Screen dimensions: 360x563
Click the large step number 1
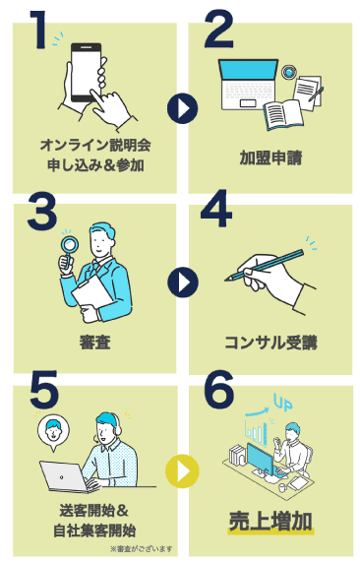38,31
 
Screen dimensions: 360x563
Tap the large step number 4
216,209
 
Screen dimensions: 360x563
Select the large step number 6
219,390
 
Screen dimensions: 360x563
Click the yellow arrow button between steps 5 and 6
182,471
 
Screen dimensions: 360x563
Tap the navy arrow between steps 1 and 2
182,108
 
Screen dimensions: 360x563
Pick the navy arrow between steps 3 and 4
183,282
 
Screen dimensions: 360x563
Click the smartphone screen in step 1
86,72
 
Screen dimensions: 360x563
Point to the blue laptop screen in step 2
249,70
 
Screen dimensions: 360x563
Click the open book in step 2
283,114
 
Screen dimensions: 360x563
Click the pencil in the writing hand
265,265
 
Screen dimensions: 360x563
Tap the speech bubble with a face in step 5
54,432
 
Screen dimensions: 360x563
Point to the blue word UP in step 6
282,403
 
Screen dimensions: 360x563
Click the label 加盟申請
271,157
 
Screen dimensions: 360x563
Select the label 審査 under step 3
94,343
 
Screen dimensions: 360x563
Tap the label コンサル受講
271,343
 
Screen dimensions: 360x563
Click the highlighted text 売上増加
270,522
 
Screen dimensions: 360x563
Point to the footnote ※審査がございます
141,548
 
